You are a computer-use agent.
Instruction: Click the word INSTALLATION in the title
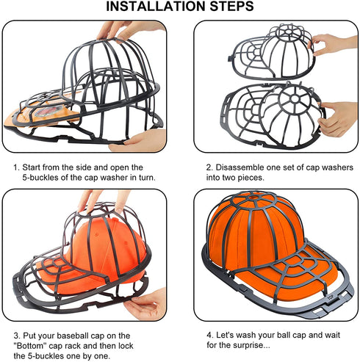pyautogui.click(x=156, y=6)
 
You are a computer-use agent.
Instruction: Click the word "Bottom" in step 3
pyautogui.click(x=30, y=346)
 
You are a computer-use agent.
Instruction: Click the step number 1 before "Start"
pyautogui.click(x=16, y=167)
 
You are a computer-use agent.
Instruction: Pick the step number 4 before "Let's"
pyautogui.click(x=209, y=335)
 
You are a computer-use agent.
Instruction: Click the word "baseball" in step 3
pyautogui.click(x=73, y=336)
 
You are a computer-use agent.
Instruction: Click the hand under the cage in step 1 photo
pyautogui.click(x=139, y=141)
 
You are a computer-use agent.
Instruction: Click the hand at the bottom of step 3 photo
pyautogui.click(x=145, y=305)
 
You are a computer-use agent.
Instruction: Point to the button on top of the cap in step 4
pyautogui.click(x=253, y=196)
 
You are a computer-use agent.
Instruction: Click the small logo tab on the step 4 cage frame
pyautogui.click(x=331, y=298)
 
